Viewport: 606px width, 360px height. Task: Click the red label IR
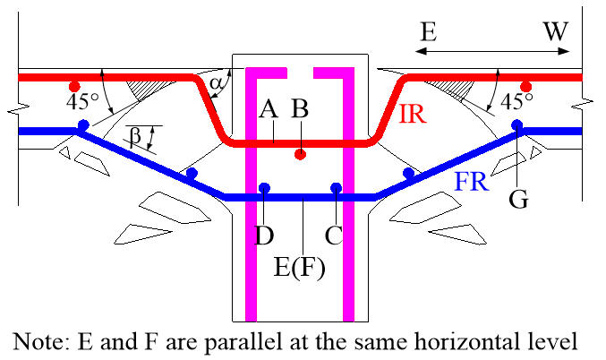[x=412, y=114]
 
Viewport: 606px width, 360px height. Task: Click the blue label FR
[x=472, y=183]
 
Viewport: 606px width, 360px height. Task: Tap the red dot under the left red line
[x=74, y=87]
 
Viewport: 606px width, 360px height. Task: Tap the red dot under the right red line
[x=525, y=87]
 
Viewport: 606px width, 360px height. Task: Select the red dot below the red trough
[x=300, y=154]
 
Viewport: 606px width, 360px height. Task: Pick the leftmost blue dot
[x=83, y=124]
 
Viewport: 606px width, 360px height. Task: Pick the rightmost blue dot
[x=516, y=124]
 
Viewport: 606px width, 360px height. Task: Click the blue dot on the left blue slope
[x=191, y=173]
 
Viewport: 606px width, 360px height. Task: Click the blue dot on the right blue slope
[x=408, y=173]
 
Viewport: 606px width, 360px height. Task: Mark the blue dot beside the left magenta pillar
[x=264, y=188]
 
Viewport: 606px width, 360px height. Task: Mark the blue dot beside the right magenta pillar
[x=336, y=188]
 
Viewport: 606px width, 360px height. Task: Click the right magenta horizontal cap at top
[x=331, y=73]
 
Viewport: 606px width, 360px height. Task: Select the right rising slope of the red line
[x=390, y=109]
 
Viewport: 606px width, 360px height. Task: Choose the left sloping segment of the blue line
[x=152, y=164]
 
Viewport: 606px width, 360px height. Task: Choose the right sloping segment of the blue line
[x=448, y=164]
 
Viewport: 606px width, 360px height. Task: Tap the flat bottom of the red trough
[x=269, y=142]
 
